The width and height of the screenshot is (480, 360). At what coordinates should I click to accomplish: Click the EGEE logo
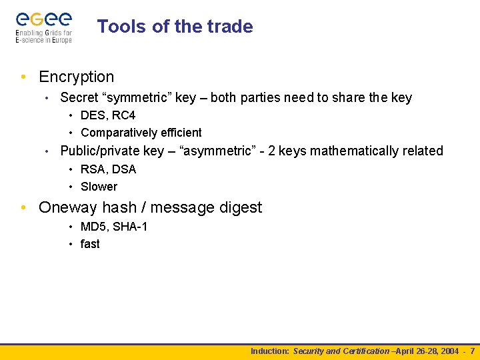(x=44, y=27)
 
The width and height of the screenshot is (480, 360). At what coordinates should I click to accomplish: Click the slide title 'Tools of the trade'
(x=175, y=27)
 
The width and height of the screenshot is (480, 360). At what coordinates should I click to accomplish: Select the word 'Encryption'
(x=77, y=77)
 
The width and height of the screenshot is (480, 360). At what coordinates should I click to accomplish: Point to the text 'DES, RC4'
(x=108, y=115)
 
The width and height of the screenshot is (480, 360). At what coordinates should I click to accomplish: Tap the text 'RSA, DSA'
(x=108, y=169)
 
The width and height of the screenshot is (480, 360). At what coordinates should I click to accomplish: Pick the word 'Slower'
(x=99, y=187)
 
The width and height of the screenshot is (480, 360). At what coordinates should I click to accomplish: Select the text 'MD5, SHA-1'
(x=114, y=227)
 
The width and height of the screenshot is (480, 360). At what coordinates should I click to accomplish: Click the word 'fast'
(x=90, y=244)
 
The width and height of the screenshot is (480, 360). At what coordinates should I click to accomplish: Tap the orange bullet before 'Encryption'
(x=24, y=77)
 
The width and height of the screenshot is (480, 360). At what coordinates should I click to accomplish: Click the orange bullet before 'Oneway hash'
(x=24, y=208)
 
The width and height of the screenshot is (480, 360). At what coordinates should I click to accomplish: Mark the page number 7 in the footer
(x=472, y=351)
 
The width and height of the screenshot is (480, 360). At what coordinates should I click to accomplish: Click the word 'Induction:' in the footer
(x=270, y=351)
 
